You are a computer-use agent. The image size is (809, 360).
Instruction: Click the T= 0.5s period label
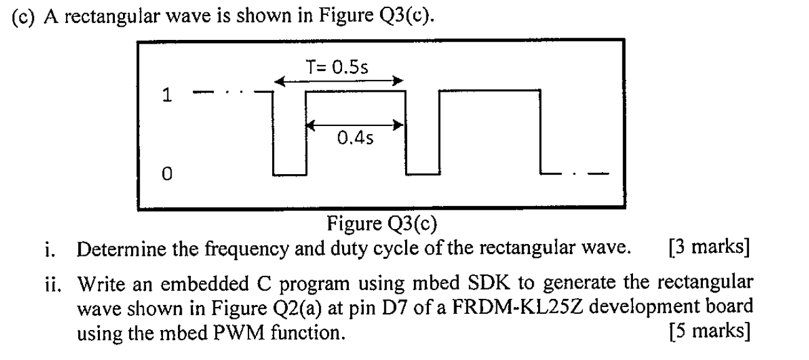click(x=338, y=67)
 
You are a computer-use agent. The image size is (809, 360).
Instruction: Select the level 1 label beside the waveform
click(x=165, y=95)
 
